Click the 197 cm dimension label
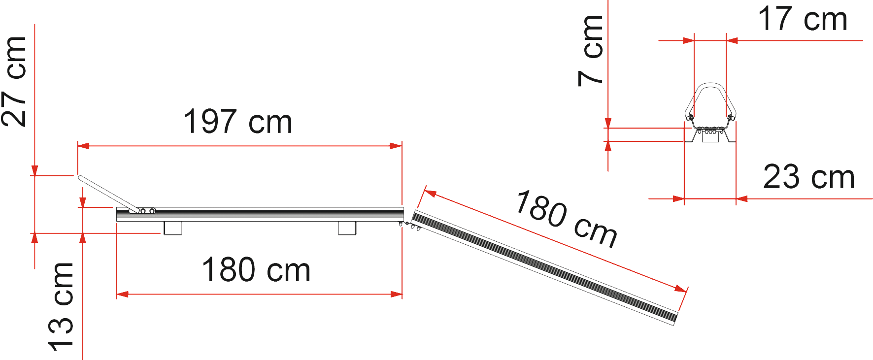(238, 122)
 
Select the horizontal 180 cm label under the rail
(256, 270)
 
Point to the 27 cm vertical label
(15, 81)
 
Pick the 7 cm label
(591, 51)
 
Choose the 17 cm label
(803, 20)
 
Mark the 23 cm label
(808, 177)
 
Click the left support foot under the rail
(172, 228)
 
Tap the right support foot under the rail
(347, 228)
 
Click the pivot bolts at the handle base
(147, 211)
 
